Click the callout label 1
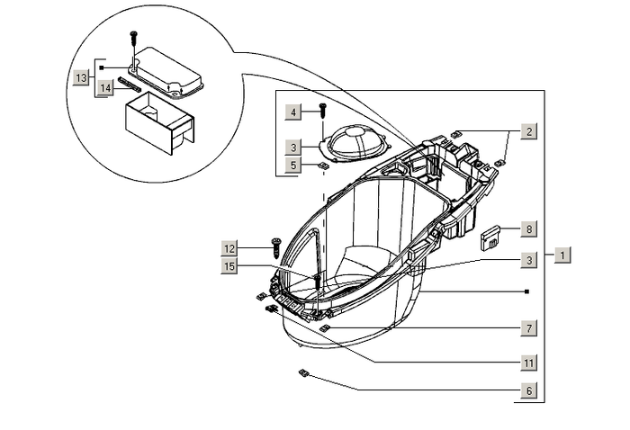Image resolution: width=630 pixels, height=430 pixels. pos(561,255)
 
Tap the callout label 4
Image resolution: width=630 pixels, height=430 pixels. pos(293,112)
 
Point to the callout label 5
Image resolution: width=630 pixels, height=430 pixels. pos(293,165)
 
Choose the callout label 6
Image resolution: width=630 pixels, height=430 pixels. pos(530,391)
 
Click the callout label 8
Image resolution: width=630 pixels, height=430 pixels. pos(530,229)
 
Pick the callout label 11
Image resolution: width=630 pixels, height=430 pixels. pos(530,363)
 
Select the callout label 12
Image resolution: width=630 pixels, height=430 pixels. pos(230,247)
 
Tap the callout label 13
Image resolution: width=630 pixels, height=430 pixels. pos(81,78)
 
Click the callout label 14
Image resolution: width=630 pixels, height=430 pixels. pos(106,87)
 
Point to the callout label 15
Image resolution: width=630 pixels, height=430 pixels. pos(230,266)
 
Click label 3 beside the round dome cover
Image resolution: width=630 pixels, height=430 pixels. pos(293,147)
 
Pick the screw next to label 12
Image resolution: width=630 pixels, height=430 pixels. pos(272,244)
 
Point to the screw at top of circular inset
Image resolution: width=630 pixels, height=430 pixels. pos(134,37)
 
